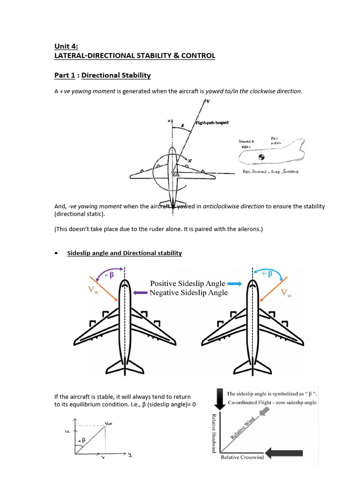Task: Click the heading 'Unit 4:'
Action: click(66, 46)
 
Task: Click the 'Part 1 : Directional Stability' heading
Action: click(102, 75)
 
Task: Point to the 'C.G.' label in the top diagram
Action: click(176, 174)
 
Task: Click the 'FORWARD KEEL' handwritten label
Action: click(247, 143)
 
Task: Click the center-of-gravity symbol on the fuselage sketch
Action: click(262, 157)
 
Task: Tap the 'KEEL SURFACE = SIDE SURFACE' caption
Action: click(270, 172)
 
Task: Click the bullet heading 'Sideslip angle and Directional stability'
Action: click(124, 253)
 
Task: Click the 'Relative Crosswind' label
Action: click(242, 457)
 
